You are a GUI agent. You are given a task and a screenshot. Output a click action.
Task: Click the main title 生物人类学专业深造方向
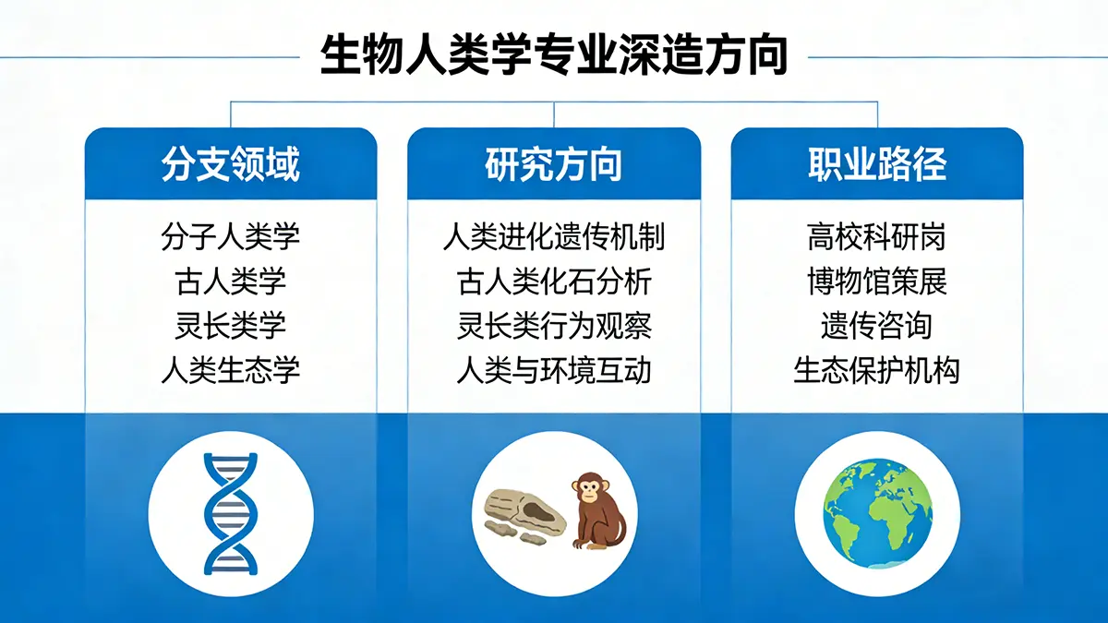pyautogui.click(x=554, y=55)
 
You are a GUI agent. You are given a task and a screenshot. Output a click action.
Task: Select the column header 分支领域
pyautogui.click(x=231, y=164)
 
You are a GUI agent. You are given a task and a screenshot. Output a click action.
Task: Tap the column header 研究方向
pyautogui.click(x=554, y=164)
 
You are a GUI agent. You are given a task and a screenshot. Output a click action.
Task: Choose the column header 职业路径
pyautogui.click(x=877, y=164)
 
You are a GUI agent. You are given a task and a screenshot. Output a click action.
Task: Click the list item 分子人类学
pyautogui.click(x=231, y=237)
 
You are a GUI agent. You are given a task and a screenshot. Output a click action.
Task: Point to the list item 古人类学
pyautogui.click(x=231, y=282)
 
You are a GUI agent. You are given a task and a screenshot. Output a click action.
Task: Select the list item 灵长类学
pyautogui.click(x=231, y=325)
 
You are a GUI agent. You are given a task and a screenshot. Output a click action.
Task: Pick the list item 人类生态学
pyautogui.click(x=231, y=370)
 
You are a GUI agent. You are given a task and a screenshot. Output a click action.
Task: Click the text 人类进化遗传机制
pyautogui.click(x=554, y=237)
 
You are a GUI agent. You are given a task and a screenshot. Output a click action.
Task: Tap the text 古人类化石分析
pyautogui.click(x=554, y=282)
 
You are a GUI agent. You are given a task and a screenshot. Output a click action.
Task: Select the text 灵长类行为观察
pyautogui.click(x=554, y=325)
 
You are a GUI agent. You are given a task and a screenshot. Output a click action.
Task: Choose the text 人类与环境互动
pyautogui.click(x=554, y=370)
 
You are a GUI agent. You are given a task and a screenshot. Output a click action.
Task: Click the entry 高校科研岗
pyautogui.click(x=877, y=237)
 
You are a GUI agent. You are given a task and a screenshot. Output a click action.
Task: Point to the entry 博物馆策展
pyautogui.click(x=877, y=282)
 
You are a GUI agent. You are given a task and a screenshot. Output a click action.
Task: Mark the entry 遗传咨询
pyautogui.click(x=877, y=325)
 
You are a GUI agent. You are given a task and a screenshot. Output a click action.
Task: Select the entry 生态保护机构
pyautogui.click(x=877, y=370)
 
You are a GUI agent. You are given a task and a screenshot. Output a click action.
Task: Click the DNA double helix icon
pyautogui.click(x=231, y=514)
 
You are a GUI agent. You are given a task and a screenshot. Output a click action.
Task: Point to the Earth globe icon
pyautogui.click(x=877, y=514)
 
